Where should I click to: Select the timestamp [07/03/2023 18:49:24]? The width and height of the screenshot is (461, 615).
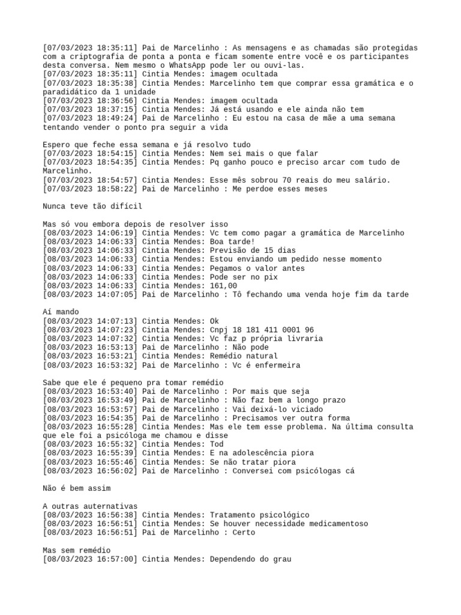pos(90,118)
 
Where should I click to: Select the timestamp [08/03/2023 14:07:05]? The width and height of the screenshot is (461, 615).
pos(90,294)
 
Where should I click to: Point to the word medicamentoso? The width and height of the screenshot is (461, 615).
pos(333,524)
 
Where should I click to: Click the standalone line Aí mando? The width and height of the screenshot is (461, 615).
pos(61,312)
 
